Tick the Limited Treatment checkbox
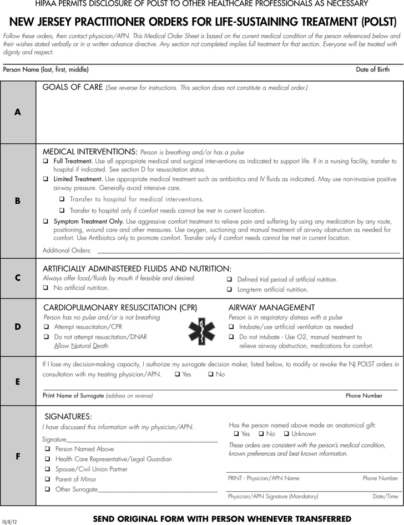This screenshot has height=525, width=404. (46, 179)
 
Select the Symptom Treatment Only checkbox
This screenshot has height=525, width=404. (46, 221)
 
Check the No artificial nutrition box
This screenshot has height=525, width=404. (46, 287)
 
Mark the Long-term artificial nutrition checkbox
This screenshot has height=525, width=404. (229, 290)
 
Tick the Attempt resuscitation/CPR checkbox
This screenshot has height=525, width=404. (46, 327)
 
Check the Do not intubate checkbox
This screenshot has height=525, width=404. (231, 337)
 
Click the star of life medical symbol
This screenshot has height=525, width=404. (199, 331)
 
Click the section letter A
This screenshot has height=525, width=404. (18, 112)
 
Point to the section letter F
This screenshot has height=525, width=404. (18, 456)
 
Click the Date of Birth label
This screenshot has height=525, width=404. (372, 70)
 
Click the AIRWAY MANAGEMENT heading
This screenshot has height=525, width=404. (264, 307)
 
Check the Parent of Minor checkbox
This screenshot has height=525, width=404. (48, 479)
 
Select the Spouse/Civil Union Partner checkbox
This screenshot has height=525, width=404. (48, 469)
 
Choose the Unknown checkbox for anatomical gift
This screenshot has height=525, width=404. (286, 433)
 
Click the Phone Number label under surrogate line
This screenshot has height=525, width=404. (363, 396)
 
